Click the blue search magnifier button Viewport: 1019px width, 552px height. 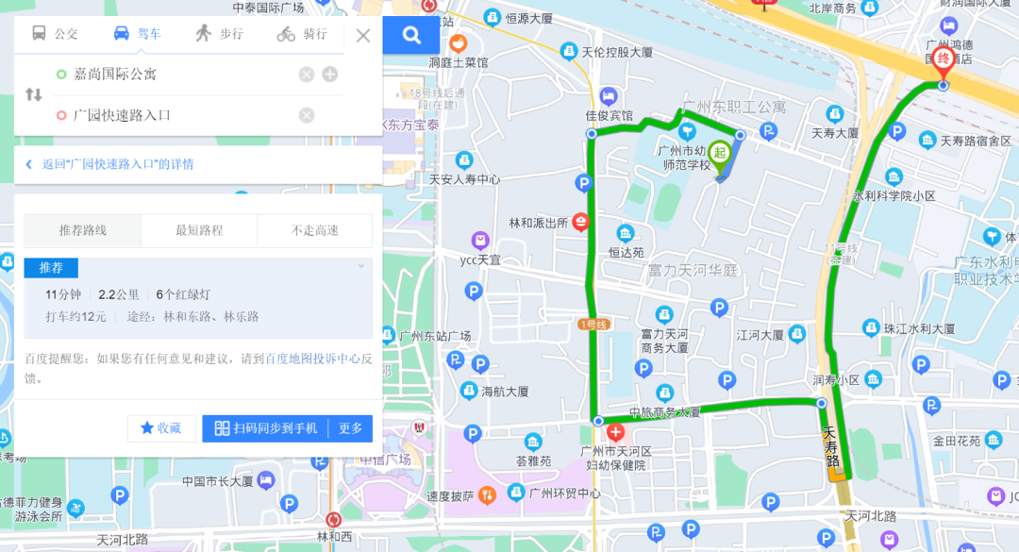point(411,35)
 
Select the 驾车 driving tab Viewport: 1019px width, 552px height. point(137,34)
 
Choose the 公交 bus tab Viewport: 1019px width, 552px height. point(55,34)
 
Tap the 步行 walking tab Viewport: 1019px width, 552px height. point(219,34)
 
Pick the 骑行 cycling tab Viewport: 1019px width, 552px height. point(302,34)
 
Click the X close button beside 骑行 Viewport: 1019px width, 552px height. point(363,36)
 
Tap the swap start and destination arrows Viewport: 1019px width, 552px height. point(33,94)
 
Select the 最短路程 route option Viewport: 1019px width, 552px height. point(199,230)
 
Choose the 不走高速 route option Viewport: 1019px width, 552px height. point(315,230)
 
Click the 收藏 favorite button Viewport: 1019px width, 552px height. point(161,428)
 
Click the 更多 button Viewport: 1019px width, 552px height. point(351,428)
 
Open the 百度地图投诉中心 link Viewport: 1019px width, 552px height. point(312,359)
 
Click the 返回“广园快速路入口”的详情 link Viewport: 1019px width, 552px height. point(117,164)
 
